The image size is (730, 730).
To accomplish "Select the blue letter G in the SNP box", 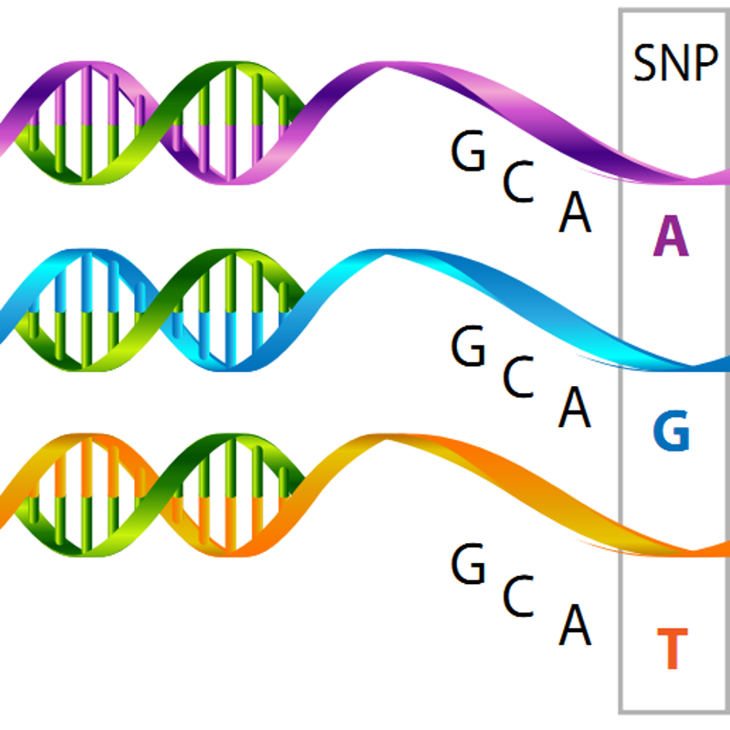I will coord(672,432).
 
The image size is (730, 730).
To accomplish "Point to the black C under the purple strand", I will coord(518,183).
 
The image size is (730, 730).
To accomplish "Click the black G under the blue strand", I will coord(469,349).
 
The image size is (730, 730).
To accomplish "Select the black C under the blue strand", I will coord(518,379).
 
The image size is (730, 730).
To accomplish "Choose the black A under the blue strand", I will coord(575,408).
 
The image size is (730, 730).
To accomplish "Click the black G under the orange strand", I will coord(469,566).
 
